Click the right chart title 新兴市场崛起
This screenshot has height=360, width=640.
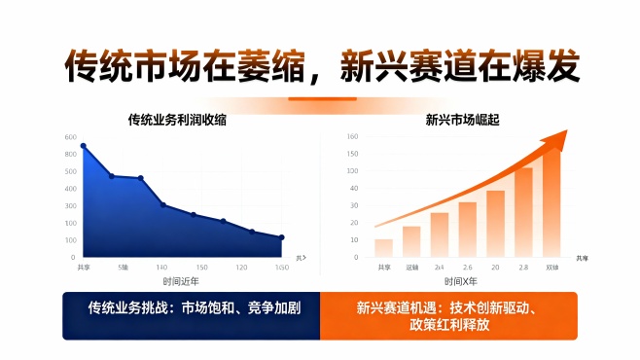click(456, 120)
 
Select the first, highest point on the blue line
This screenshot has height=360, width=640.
click(83, 146)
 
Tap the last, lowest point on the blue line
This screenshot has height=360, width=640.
click(281, 237)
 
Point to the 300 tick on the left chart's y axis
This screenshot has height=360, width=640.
click(69, 206)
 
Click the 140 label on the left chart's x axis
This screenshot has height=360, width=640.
click(161, 267)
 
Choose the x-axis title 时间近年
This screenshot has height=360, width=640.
click(181, 281)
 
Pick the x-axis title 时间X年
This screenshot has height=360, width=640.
click(460, 281)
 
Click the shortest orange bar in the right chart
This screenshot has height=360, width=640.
click(383, 247)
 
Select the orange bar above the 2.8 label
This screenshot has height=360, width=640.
click(523, 211)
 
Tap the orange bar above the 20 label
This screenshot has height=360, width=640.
click(496, 222)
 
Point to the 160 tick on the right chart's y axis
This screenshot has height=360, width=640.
click(352, 137)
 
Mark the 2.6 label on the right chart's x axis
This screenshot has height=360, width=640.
click(467, 267)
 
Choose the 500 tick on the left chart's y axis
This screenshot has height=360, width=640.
click(69, 172)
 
